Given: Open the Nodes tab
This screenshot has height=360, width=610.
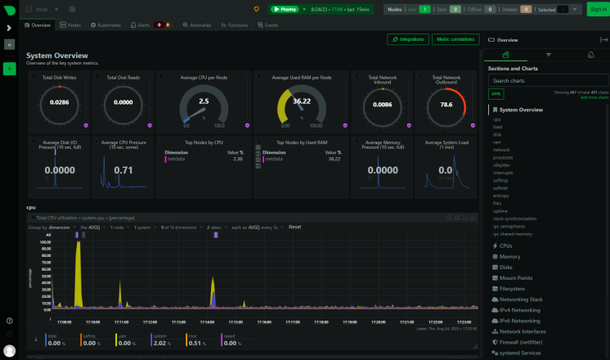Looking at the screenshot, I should (72, 25).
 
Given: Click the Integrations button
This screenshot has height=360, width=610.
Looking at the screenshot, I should (409, 38).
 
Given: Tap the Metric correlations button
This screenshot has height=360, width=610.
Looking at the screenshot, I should (455, 38).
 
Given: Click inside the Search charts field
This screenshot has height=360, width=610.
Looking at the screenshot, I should (544, 81).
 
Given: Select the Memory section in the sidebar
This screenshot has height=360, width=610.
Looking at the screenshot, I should (510, 256).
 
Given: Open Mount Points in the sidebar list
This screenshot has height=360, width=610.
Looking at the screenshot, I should (517, 277).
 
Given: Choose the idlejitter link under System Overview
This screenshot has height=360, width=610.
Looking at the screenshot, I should (502, 164).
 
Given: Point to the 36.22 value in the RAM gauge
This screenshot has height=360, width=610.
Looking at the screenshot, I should (302, 101).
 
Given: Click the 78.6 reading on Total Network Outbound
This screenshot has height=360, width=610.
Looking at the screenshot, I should (446, 105).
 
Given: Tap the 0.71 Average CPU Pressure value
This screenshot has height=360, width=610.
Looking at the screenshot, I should (123, 169).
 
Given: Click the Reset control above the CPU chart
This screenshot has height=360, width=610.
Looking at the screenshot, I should (294, 227).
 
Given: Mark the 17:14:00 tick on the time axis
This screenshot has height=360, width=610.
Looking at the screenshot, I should (207, 321).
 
